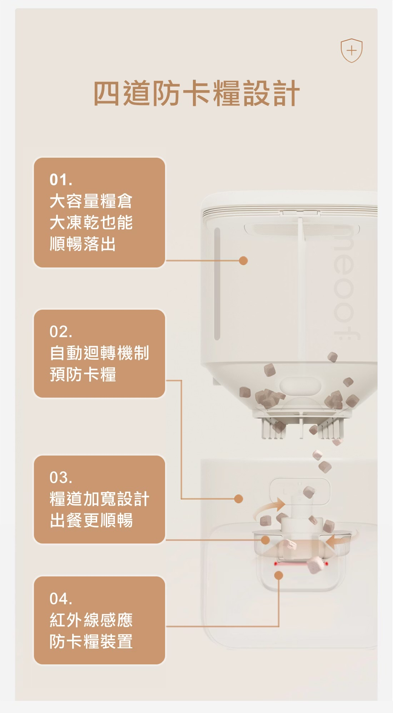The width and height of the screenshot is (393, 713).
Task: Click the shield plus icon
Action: (352, 50)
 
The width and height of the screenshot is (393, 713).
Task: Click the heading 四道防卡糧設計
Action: (196, 93)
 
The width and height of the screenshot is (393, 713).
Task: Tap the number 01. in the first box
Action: (61, 180)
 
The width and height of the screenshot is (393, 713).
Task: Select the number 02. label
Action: (61, 332)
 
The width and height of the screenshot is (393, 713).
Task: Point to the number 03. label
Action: (61, 478)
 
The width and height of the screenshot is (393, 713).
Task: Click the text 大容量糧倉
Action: (91, 201)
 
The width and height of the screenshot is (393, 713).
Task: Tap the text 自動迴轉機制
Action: (99, 353)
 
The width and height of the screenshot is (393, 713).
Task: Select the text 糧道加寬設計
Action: (99, 499)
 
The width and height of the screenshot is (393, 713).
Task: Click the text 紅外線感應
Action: (91, 620)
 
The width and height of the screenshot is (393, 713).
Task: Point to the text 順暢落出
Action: (83, 244)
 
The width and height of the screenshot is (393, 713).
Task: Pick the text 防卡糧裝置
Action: (91, 641)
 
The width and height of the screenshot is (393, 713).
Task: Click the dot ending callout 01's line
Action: (243, 261)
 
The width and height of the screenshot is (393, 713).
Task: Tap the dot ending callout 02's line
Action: (239, 499)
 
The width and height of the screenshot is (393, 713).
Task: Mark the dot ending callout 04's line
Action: (279, 575)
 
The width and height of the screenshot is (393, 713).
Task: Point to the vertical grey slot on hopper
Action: (217, 284)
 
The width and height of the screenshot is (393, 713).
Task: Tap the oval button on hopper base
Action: (300, 386)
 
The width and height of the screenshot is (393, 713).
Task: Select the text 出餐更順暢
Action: (91, 520)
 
